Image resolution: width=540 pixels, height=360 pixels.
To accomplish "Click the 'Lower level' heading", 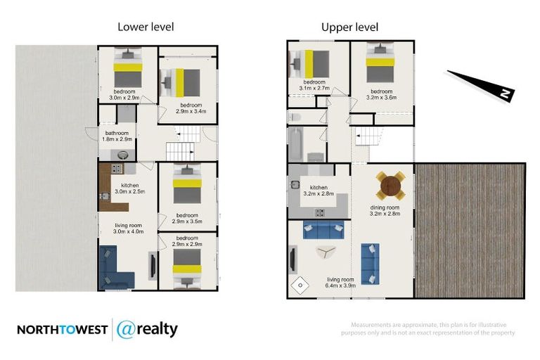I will pos(146,27).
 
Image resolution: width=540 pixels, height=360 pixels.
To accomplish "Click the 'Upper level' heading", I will pos(349,27).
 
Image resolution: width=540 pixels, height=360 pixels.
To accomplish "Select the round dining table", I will pos(390,186).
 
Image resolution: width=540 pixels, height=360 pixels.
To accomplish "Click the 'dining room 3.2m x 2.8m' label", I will pos(385,211).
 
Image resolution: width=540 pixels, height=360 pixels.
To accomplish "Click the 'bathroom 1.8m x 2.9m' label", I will pos(117,136).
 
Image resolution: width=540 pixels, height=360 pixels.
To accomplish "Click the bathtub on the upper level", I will pos(294,145).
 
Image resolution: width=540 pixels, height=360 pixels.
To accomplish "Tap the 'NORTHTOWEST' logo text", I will pos(62,330).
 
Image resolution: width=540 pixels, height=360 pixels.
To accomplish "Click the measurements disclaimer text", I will pos(432,328).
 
